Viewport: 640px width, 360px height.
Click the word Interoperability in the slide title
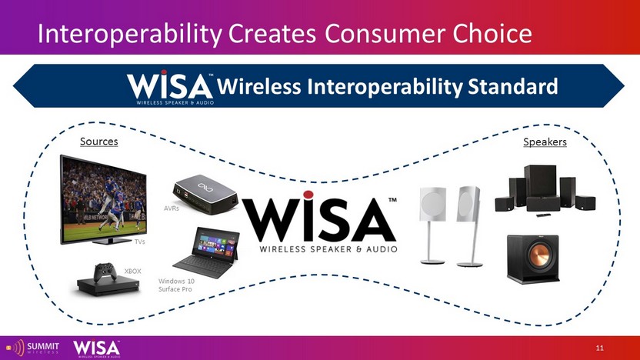pyautogui.click(x=129, y=34)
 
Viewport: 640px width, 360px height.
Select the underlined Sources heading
pyautogui.click(x=98, y=142)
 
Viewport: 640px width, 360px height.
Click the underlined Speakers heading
pyautogui.click(x=545, y=142)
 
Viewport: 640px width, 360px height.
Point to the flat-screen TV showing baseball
pyautogui.click(x=103, y=199)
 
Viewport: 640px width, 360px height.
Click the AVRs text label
pyautogui.click(x=172, y=208)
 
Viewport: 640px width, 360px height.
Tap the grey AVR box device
pyautogui.click(x=205, y=195)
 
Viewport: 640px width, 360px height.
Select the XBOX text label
pyautogui.click(x=132, y=271)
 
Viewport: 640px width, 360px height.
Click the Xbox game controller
pyautogui.click(x=105, y=272)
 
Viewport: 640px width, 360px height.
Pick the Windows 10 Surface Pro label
pyautogui.click(x=176, y=285)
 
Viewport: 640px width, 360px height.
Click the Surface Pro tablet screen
pyautogui.click(x=216, y=245)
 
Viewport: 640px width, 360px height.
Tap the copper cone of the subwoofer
pyautogui.click(x=538, y=255)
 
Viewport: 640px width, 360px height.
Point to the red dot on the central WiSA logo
pyautogui.click(x=308, y=195)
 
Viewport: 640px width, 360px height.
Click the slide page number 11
pyautogui.click(x=599, y=348)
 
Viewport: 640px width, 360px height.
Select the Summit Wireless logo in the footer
pyautogui.click(x=32, y=348)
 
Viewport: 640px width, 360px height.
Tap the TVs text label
pyautogui.click(x=139, y=242)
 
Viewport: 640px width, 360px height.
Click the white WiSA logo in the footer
pyautogui.click(x=96, y=348)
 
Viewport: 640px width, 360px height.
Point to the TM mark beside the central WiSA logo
pyautogui.click(x=392, y=200)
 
